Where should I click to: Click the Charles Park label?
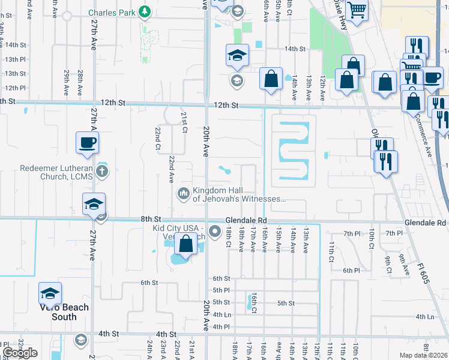tap(112, 12)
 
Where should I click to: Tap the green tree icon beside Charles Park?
tap(144, 11)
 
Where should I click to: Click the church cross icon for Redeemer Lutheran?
tap(103, 172)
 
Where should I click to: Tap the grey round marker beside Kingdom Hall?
tap(183, 194)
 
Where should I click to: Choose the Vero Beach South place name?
tap(64, 312)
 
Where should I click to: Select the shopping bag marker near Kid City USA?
tap(186, 244)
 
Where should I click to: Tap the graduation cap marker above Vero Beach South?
tap(50, 293)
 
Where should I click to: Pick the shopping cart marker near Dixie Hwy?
tap(357, 10)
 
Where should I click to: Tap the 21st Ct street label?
tap(184, 122)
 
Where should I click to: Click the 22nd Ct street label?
tap(157, 138)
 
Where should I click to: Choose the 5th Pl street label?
tap(221, 290)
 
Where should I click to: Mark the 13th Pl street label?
tap(15, 59)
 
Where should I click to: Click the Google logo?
tap(20, 353)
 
